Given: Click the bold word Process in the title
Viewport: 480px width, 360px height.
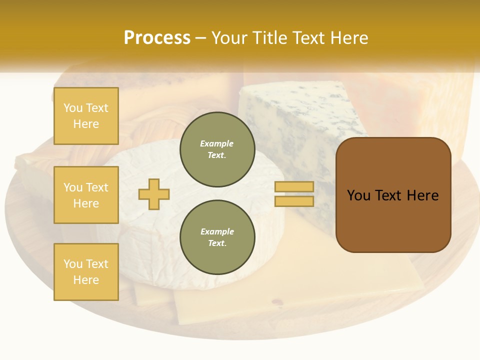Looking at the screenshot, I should [x=157, y=38].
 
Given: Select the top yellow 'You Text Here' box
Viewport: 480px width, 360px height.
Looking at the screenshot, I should [x=86, y=116].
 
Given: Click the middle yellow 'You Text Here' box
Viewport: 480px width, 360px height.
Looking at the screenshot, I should [x=86, y=195].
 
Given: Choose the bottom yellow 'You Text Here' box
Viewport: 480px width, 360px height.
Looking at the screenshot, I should [x=86, y=272].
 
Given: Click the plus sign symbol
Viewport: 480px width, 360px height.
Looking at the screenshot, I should [x=154, y=194].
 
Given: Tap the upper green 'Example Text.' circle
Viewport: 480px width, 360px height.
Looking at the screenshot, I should [x=217, y=149].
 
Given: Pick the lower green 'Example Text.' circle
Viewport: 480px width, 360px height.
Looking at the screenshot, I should [x=217, y=237].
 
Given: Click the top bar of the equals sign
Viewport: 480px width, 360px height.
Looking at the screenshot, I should [x=294, y=186].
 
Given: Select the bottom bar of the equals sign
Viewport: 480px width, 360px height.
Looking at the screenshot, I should [x=294, y=201].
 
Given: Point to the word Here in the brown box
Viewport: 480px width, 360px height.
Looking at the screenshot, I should [x=423, y=195].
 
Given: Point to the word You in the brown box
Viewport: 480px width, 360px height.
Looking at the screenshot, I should [x=359, y=195].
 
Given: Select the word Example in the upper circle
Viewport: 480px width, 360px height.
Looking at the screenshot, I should [x=217, y=143].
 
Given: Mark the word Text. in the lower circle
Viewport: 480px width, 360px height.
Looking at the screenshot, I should [x=217, y=243].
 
